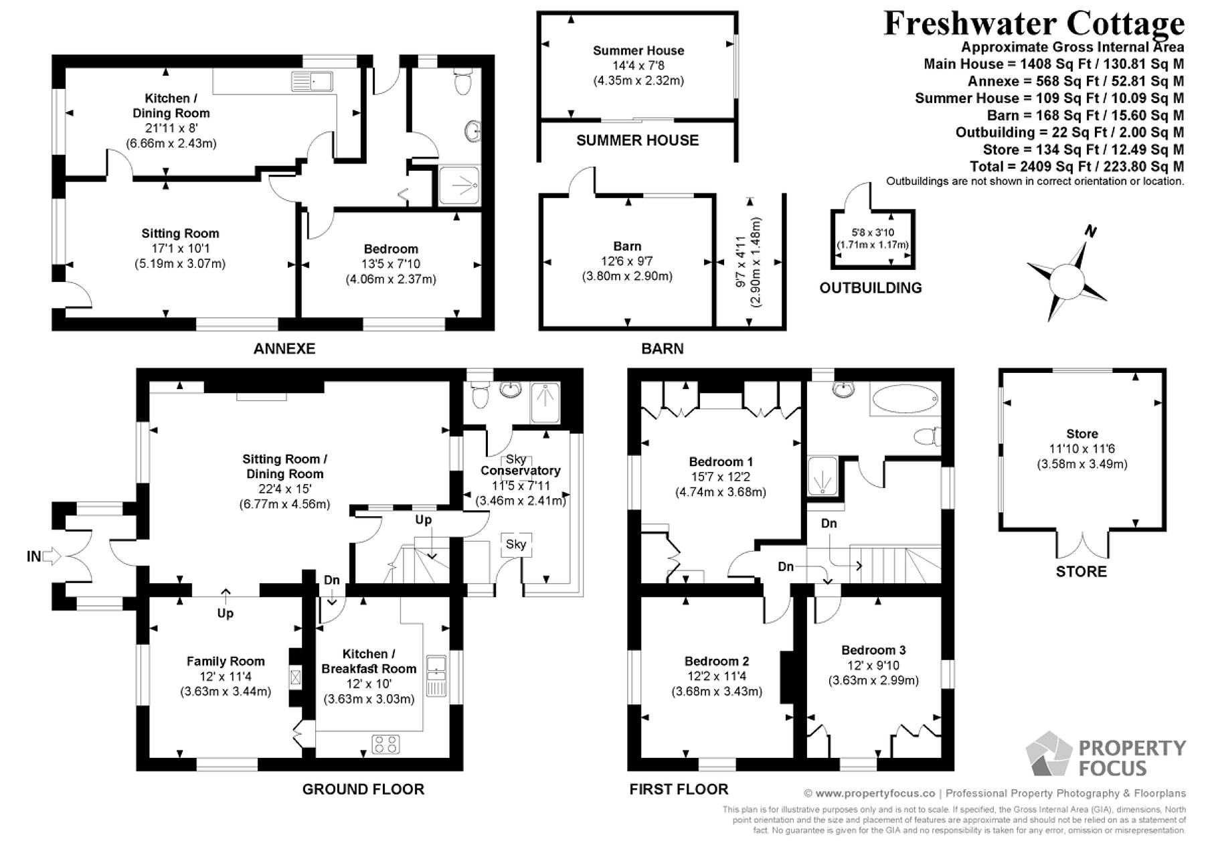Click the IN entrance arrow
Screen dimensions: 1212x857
(x=53, y=556)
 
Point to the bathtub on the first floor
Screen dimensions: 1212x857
(x=904, y=402)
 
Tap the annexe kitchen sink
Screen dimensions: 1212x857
(x=313, y=81)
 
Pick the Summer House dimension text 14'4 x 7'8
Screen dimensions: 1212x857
(x=638, y=66)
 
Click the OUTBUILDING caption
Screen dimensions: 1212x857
(x=871, y=288)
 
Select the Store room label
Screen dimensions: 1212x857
(x=1082, y=434)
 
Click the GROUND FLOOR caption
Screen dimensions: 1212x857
(x=363, y=789)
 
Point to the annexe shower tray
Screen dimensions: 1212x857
(x=459, y=185)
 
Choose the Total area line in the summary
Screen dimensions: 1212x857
(x=1077, y=166)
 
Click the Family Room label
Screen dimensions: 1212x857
(x=226, y=661)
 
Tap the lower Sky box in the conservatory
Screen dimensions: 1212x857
(x=516, y=544)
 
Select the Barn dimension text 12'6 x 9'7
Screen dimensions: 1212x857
(x=627, y=261)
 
